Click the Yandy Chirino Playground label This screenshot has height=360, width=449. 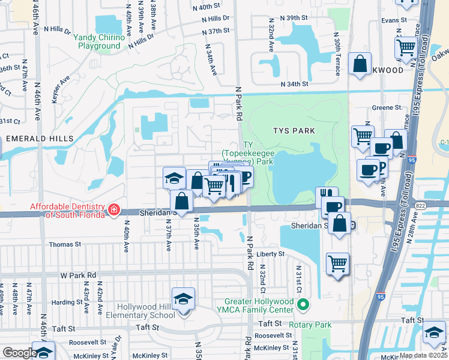pyautogui.click(x=100, y=41)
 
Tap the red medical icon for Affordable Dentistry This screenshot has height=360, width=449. pyautogui.click(x=114, y=210)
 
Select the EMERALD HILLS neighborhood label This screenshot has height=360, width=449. pyautogui.click(x=40, y=139)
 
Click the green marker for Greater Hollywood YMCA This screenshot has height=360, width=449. pyautogui.click(x=303, y=305)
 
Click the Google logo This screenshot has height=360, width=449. pyautogui.click(x=19, y=353)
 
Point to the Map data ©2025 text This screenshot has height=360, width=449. pyautogui.click(x=423, y=355)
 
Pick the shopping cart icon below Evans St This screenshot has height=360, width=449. pyautogui.click(x=406, y=48)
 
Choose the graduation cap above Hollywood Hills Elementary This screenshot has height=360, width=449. pyautogui.click(x=184, y=298)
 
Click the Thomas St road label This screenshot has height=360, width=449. pyautogui.click(x=65, y=244)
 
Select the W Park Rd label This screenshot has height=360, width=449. pyautogui.click(x=78, y=275)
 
